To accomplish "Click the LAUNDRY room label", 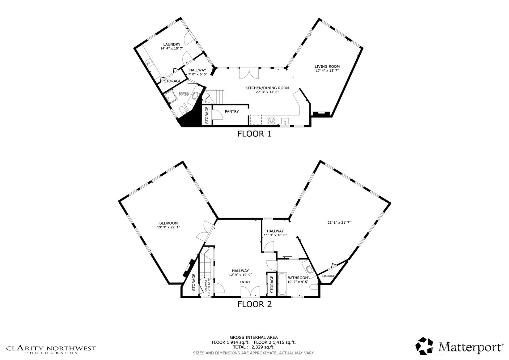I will click(x=172, y=45).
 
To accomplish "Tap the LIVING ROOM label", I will click(x=327, y=66).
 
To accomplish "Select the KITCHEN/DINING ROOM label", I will click(x=267, y=88).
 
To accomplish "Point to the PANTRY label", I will click(x=231, y=112).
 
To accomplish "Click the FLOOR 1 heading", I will click(x=254, y=134).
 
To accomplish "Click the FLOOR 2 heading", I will click(x=254, y=304).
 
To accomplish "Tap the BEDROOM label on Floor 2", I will click(x=168, y=223).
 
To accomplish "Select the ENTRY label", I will click(x=245, y=282).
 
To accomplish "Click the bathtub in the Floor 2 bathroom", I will click(x=282, y=284).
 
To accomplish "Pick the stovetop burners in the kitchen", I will click(x=271, y=121).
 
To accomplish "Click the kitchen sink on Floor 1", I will click(x=285, y=121).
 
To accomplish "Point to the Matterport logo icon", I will click(x=425, y=346).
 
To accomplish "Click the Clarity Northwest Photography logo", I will click(x=51, y=349).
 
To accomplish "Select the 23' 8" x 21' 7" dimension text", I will click(x=339, y=222).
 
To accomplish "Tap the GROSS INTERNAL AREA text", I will click(x=253, y=337).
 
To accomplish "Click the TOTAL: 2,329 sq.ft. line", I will click(x=253, y=347).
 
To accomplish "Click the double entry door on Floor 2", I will click(x=250, y=291).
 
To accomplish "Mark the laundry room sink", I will click(x=149, y=63).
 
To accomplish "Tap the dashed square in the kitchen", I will click(x=256, y=120).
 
